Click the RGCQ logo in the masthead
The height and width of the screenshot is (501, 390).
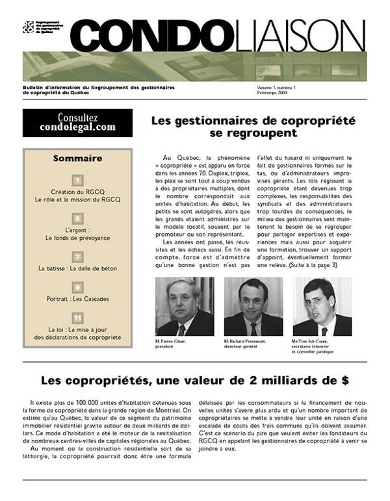(28, 27)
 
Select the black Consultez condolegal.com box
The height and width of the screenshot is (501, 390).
(77, 123)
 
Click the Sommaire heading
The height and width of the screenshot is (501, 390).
(77, 158)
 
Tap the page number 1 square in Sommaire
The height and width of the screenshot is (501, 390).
(77, 180)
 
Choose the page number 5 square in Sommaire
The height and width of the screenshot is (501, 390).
(77, 218)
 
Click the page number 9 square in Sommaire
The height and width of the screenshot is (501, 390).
(77, 287)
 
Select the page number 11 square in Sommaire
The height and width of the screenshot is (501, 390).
(77, 318)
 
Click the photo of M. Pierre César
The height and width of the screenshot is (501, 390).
(185, 306)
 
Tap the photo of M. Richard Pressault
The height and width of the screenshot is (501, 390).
(253, 306)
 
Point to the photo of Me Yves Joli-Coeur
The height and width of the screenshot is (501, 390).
(322, 306)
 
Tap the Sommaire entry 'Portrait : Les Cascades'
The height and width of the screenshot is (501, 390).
(77, 299)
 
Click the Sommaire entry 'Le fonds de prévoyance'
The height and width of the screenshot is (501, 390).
(77, 238)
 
